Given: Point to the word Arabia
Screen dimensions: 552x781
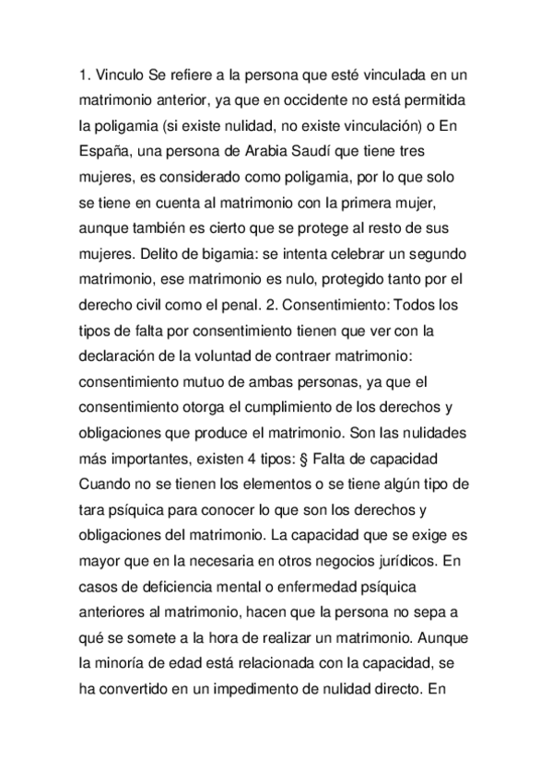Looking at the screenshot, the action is coord(276,147).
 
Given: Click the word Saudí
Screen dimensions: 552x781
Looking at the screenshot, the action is coord(327,147).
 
